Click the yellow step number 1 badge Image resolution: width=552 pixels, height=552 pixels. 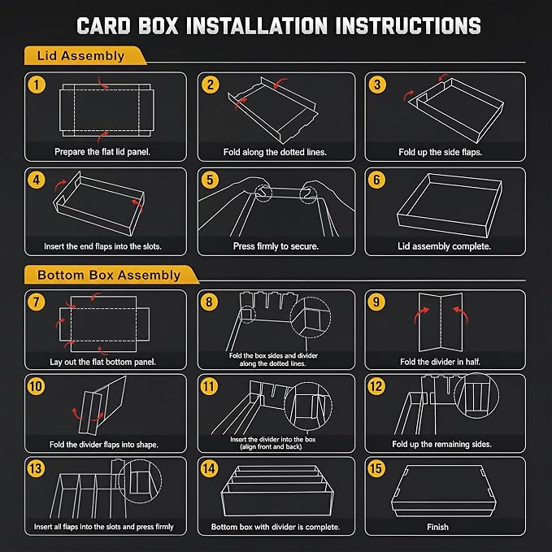click(37, 85)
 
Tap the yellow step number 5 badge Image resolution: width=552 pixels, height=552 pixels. click(210, 180)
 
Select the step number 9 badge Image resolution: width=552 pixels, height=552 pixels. click(376, 302)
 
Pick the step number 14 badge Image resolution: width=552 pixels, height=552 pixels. click(209, 468)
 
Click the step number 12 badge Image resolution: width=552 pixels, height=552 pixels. click(376, 386)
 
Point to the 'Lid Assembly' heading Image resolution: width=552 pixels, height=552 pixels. click(80, 56)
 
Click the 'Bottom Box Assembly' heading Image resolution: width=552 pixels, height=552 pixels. click(109, 275)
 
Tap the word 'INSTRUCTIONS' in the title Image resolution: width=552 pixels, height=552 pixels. click(408, 26)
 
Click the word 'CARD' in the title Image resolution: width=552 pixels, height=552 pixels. click(103, 26)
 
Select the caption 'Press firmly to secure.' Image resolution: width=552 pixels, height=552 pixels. click(276, 246)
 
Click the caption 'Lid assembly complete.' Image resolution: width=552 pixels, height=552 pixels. click(444, 246)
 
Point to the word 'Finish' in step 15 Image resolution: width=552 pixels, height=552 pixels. click(437, 527)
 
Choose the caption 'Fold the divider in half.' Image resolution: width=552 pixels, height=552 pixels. click(440, 362)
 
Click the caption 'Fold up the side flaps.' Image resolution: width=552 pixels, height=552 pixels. click(440, 152)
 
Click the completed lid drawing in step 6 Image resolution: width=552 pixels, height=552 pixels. click(450, 205)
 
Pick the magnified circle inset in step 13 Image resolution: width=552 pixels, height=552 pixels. click(140, 481)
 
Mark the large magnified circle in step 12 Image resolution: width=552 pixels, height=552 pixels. click(476, 396)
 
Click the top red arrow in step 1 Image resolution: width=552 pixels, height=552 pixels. click(102, 83)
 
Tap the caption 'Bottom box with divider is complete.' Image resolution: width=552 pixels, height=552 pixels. click(276, 527)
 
